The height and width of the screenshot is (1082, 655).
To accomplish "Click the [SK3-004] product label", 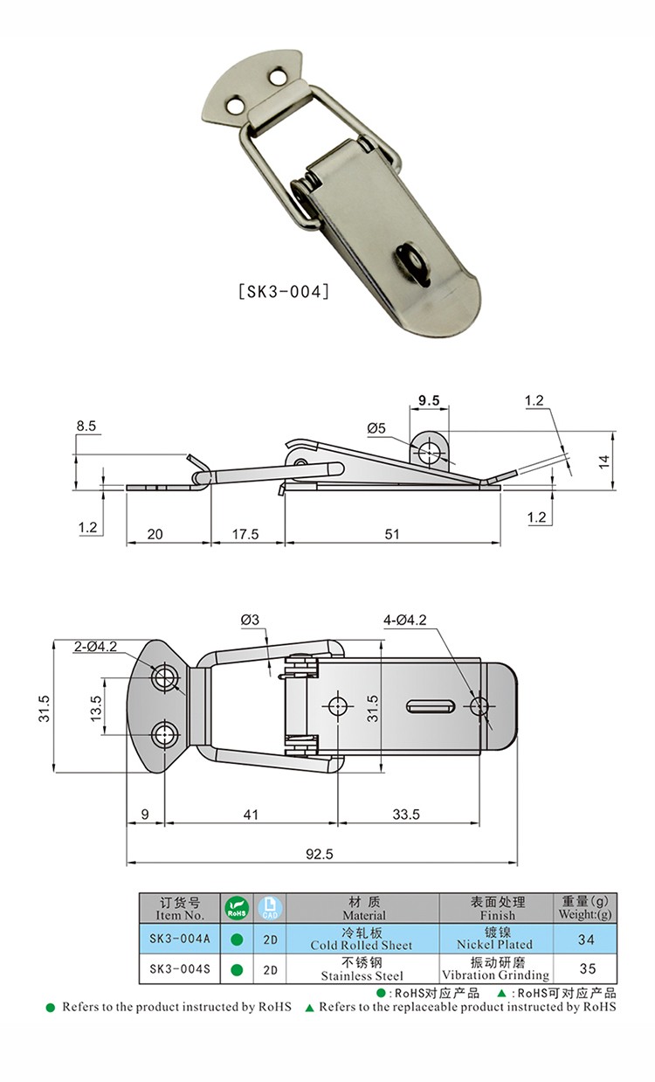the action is pos(284,292).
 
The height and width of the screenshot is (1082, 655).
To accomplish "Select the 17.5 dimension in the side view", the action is pos(245,534).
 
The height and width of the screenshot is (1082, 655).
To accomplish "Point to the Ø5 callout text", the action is pos(376,428).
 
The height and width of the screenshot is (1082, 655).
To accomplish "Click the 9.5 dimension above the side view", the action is pos(429,400).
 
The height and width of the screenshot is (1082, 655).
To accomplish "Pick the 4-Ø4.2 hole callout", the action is pos(405,620).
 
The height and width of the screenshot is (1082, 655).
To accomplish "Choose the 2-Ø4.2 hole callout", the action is pos(95,646).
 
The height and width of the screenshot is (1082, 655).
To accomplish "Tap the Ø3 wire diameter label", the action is pos(250,620).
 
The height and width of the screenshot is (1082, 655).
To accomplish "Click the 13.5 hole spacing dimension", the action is pos(95,708).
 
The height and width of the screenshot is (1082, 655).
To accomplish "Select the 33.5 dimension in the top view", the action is pos(406,815).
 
